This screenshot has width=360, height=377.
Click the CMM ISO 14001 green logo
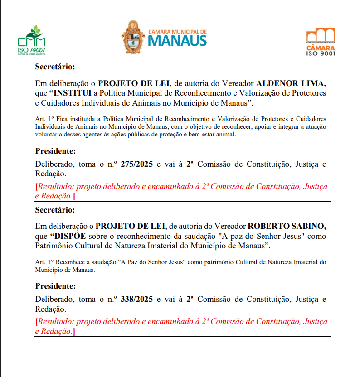pyautogui.click(x=31, y=40)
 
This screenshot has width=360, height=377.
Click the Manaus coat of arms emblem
pyautogui.click(x=132, y=38)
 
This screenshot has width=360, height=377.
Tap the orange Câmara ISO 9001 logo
pyautogui.click(x=321, y=42)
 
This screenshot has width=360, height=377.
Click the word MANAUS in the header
pyautogui.click(x=177, y=41)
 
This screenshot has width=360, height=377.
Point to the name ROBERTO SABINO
pyautogui.click(x=287, y=226)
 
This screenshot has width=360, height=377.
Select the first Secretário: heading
pyautogui.click(x=55, y=67)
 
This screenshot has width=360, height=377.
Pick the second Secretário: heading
pyautogui.click(x=55, y=210)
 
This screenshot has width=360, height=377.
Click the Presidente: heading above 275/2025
pyautogui.click(x=55, y=151)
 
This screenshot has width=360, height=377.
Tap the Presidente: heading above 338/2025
pyautogui.click(x=55, y=286)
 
